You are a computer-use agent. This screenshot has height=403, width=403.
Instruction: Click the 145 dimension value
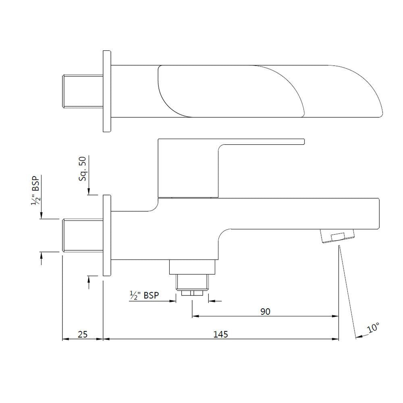point(221,334)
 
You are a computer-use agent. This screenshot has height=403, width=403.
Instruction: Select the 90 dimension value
point(265,312)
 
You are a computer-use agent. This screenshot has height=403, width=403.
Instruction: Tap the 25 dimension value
point(82,334)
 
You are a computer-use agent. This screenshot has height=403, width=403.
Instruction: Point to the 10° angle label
point(373,328)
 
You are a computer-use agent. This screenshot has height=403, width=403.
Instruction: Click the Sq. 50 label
point(83,168)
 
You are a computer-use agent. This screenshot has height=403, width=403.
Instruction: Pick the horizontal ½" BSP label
point(144,295)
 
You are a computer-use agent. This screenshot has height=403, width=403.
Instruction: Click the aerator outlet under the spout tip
point(337,236)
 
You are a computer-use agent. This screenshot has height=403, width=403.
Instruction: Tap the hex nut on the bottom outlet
point(192,293)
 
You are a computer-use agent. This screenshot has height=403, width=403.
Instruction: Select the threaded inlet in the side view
point(82,235)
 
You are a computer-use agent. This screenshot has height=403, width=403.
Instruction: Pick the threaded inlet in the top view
point(82,91)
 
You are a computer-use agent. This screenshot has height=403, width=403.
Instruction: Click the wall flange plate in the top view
point(107,91)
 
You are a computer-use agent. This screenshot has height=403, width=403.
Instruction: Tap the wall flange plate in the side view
point(107,235)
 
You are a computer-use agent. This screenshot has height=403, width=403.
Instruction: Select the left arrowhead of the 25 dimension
point(65,339)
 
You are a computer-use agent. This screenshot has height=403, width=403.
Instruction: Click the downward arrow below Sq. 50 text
point(89,192)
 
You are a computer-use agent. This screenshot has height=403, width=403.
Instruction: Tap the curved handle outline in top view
point(230,91)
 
